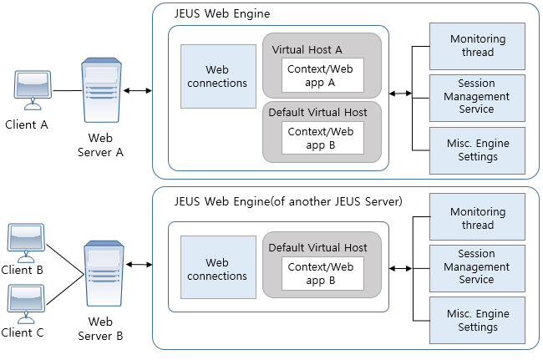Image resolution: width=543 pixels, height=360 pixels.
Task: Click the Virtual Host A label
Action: click(x=307, y=50)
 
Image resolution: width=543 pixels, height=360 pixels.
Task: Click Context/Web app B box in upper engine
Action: click(x=322, y=138)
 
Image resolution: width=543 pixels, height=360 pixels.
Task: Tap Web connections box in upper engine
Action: click(x=217, y=77)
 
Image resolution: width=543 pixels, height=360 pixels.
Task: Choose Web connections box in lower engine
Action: click(x=217, y=270)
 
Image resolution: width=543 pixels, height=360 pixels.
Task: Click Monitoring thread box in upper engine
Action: click(x=477, y=46)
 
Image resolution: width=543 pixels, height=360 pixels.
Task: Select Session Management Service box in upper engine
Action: click(x=477, y=97)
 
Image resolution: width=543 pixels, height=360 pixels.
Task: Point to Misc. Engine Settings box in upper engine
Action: click(x=477, y=150)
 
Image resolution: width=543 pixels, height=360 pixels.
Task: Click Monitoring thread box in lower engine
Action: click(x=477, y=219)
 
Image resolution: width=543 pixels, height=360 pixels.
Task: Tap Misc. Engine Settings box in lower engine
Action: click(x=477, y=321)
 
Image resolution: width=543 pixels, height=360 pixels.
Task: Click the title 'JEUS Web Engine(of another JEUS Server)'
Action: click(x=288, y=201)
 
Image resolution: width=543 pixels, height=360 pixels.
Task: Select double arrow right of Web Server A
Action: click(x=137, y=89)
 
